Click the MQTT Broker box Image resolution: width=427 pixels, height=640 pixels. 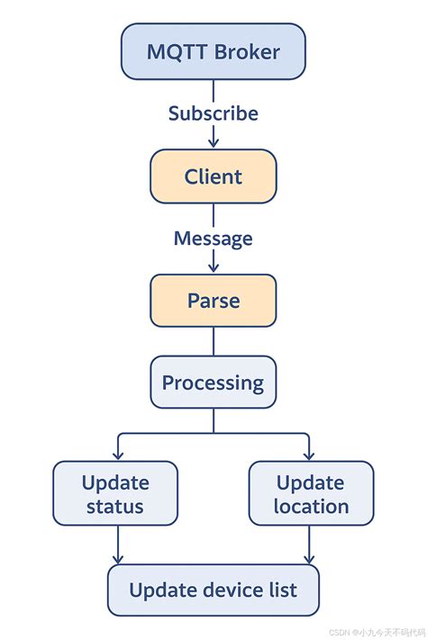point(213,50)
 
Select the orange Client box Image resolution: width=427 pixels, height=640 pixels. point(213,176)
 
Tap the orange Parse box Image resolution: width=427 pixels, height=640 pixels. point(213,301)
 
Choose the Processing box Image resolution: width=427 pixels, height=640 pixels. point(213,383)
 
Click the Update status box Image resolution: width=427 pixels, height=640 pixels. point(115,493)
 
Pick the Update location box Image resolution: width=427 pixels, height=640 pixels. point(311,493)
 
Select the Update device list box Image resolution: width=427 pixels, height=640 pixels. point(213,590)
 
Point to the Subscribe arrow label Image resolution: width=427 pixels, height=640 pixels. point(213,113)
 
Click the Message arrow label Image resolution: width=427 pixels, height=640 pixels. point(213,239)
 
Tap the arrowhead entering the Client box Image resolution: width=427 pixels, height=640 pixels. point(213,143)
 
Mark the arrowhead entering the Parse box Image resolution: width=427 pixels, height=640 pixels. point(213,268)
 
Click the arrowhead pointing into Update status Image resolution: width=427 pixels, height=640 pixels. point(116,455)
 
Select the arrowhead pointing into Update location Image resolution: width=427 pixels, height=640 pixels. point(310,455)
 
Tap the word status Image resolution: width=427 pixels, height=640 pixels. point(115,507)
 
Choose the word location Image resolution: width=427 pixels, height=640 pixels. point(311,507)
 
